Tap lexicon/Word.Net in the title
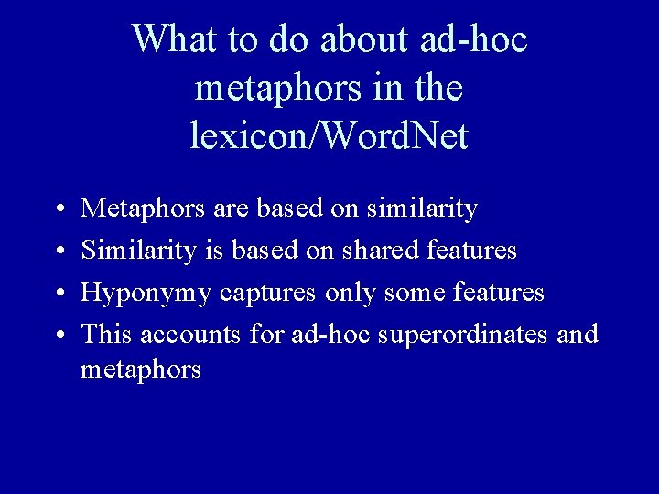329,136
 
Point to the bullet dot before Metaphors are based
57,210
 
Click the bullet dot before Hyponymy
57,295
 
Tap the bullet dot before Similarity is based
57,252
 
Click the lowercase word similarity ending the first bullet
421,209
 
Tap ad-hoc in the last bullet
323,335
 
